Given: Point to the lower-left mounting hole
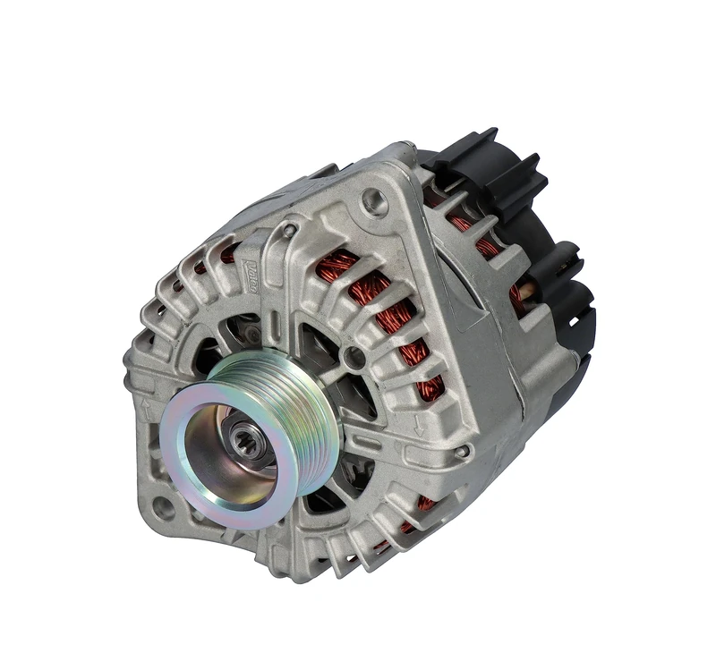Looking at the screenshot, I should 163,508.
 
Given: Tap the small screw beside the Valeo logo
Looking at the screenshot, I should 289,232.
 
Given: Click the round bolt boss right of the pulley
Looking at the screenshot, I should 355,357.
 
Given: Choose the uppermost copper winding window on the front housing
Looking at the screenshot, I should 340,263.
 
